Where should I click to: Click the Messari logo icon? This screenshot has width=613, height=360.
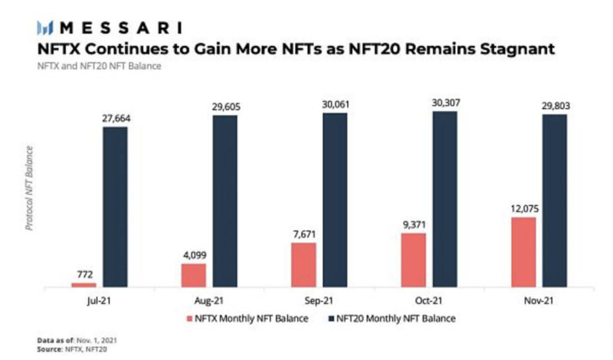pyautogui.click(x=45, y=28)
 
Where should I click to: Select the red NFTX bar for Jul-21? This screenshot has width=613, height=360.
pyautogui.click(x=84, y=284)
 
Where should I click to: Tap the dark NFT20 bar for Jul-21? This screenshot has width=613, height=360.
pyautogui.click(x=115, y=207)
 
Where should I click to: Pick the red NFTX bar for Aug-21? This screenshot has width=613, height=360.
pyautogui.click(x=193, y=275)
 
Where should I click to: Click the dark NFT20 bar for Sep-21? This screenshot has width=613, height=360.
pyautogui.click(x=334, y=201)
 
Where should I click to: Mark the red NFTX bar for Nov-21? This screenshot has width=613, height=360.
pyautogui.click(x=523, y=252)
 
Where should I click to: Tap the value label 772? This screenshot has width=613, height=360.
pyautogui.click(x=84, y=273)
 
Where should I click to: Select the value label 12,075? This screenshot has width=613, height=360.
pyautogui.click(x=523, y=208)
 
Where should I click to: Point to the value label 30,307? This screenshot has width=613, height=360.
pyautogui.click(x=444, y=103)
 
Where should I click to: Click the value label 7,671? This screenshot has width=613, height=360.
pyautogui.click(x=303, y=234)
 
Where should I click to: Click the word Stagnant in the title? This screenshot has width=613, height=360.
pyautogui.click(x=530, y=50)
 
